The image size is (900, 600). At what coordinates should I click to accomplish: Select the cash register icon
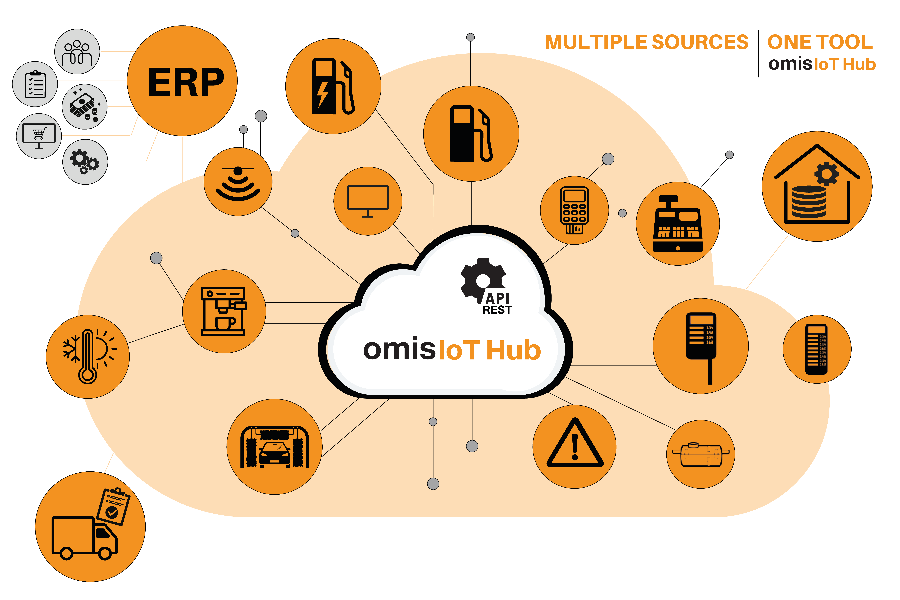tap(677, 224)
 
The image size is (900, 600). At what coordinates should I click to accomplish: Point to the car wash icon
tap(274, 447)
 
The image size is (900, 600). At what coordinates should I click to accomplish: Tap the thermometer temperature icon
tap(88, 356)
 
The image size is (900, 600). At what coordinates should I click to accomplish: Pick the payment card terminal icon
tap(574, 210)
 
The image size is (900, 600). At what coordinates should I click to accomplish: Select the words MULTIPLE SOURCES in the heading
tap(646, 42)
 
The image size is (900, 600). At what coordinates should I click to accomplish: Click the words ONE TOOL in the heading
tap(820, 42)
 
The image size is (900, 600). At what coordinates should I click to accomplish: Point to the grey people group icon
tap(77, 52)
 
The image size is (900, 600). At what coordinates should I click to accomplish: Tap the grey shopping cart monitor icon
tap(39, 136)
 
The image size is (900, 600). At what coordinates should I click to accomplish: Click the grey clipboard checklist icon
tap(35, 84)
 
